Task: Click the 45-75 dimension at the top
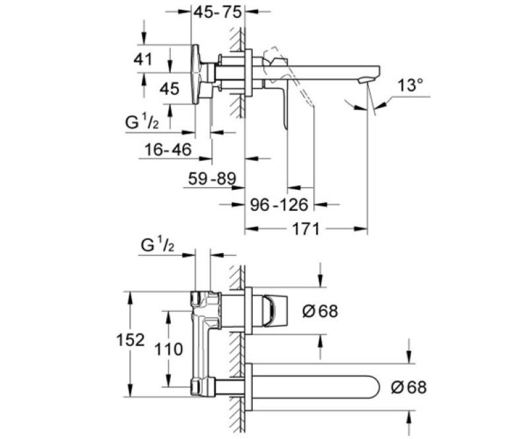click(218, 13)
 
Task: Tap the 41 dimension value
click(143, 59)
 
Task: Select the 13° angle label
click(410, 86)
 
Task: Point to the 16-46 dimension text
click(168, 150)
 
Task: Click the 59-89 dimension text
click(212, 179)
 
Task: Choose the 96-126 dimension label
click(279, 204)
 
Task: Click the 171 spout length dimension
click(306, 229)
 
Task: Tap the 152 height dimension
click(130, 339)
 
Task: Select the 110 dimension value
click(168, 349)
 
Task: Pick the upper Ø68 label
click(320, 311)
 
